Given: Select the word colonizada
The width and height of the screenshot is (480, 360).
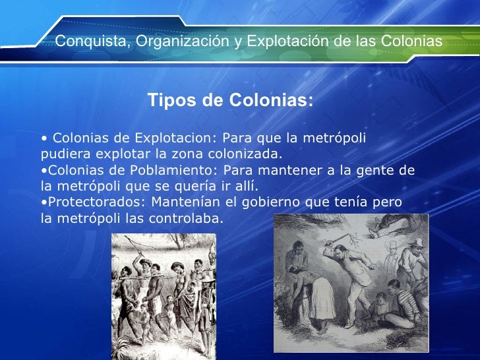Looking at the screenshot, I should click(x=249, y=154).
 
